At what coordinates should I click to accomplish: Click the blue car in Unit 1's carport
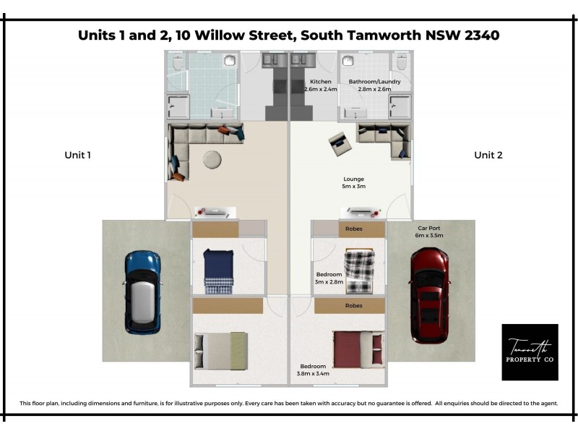click(142, 292)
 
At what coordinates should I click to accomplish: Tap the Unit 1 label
click(77, 155)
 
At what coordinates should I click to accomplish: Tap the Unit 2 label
click(488, 155)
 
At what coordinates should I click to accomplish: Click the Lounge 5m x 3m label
click(353, 182)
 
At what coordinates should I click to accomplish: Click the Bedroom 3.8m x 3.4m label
click(313, 370)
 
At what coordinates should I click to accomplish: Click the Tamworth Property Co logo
click(530, 352)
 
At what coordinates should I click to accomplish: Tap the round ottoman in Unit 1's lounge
click(212, 159)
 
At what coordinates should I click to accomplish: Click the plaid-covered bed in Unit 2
click(358, 271)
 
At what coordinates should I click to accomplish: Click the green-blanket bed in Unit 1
click(223, 350)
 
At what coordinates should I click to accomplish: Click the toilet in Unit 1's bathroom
click(178, 63)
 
